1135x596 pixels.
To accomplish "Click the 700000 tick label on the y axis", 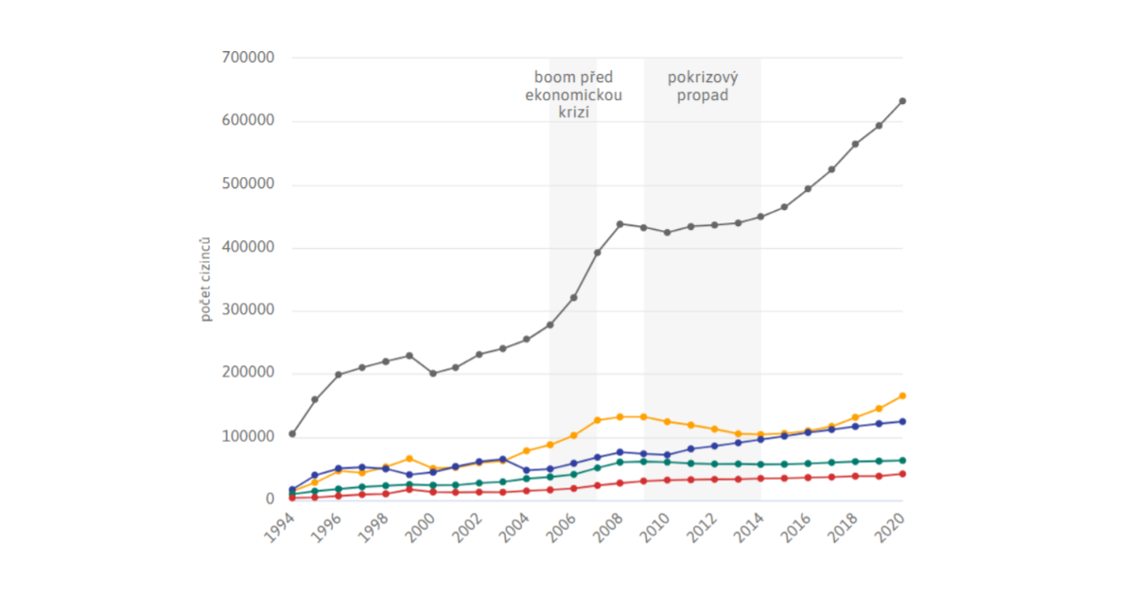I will click(x=247, y=57).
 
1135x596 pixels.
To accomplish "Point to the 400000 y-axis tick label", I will click(x=247, y=247).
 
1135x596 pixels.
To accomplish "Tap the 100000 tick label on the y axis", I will click(x=247, y=436).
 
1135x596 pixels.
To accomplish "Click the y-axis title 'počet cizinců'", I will click(x=205, y=279).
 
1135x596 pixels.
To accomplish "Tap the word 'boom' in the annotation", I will click(x=552, y=77).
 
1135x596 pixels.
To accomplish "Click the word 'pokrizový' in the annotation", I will click(x=703, y=77).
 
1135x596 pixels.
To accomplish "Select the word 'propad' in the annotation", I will click(x=703, y=96).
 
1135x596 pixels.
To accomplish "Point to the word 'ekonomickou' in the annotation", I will click(x=573, y=96).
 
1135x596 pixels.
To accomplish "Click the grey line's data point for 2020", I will click(x=902, y=101).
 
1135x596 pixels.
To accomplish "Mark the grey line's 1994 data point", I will click(x=292, y=434).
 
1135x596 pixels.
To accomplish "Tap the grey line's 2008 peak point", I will click(x=620, y=224).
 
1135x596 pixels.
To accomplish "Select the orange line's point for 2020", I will click(x=902, y=395).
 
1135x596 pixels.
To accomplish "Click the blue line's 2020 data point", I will click(x=902, y=422).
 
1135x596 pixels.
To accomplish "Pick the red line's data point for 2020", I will click(x=902, y=474).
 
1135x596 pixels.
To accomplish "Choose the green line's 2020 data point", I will click(x=902, y=461).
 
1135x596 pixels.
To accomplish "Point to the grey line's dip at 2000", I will click(x=433, y=374).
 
